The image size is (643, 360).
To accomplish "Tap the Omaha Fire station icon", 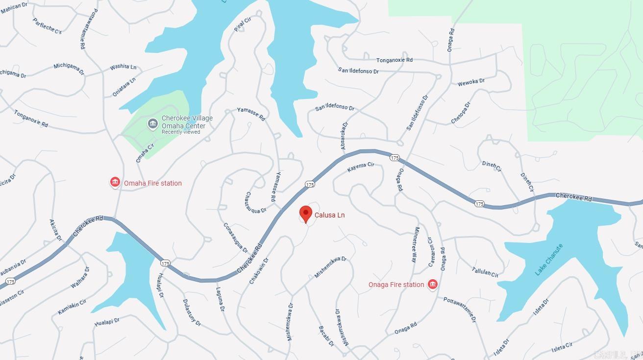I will [115, 183].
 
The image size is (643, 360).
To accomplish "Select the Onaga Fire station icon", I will [432, 285].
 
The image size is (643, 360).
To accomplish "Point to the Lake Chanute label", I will [548, 260].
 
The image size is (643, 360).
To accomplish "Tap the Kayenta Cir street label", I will [361, 167].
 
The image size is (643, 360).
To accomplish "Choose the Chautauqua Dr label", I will [255, 203].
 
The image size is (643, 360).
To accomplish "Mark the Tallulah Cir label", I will [485, 272].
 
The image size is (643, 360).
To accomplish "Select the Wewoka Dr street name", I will [471, 82].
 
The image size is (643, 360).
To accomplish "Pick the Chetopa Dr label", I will [460, 113].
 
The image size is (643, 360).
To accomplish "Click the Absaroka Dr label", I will [344, 136].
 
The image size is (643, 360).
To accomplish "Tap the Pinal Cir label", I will [243, 24].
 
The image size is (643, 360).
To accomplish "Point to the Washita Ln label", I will [123, 67].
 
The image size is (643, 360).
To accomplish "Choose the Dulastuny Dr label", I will [192, 312].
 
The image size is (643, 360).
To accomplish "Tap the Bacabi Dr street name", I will [326, 336].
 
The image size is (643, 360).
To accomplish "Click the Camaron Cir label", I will [430, 252].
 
